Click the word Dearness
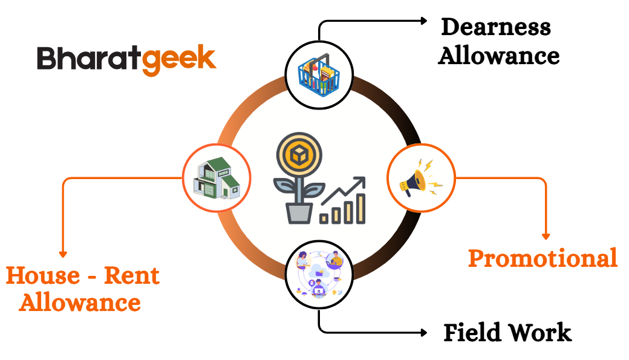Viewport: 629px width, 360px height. point(496,27)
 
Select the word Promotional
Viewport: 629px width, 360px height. point(543,258)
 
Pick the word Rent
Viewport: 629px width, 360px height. point(132,276)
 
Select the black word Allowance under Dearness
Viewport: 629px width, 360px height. point(499,56)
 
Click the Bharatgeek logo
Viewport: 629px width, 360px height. point(126,59)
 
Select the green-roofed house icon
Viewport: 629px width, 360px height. point(216,178)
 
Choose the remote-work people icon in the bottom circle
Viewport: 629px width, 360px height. point(319,275)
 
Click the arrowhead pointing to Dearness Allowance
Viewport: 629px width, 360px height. point(424,21)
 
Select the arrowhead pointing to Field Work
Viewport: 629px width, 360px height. point(424,333)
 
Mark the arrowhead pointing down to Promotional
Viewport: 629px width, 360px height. point(546,236)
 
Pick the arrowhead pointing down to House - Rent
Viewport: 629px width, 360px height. point(62,254)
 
